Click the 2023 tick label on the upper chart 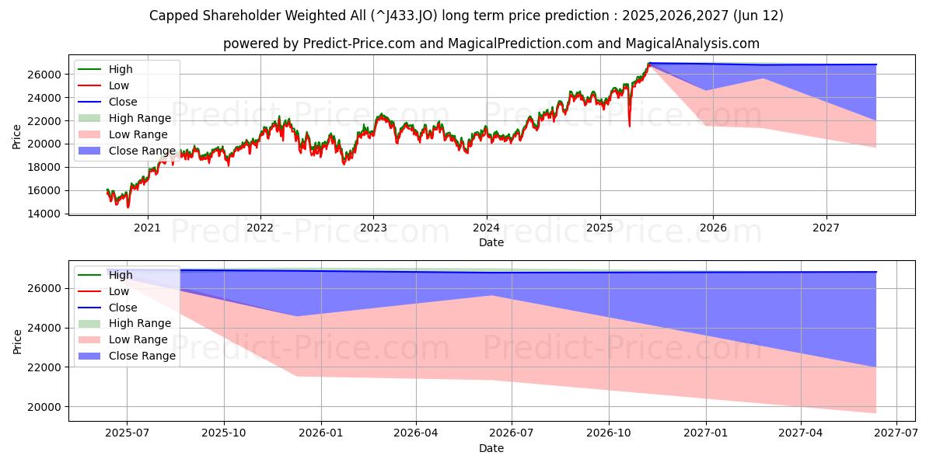pyautogui.click(x=373, y=227)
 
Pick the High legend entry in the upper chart pyautogui.click(x=121, y=69)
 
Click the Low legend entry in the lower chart pyautogui.click(x=119, y=290)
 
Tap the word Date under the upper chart pyautogui.click(x=491, y=242)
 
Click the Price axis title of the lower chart pyautogui.click(x=18, y=341)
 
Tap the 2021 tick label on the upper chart pyautogui.click(x=147, y=227)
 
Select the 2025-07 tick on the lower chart pyautogui.click(x=128, y=434)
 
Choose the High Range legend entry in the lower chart pyautogui.click(x=141, y=323)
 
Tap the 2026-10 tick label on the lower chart pyautogui.click(x=609, y=434)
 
